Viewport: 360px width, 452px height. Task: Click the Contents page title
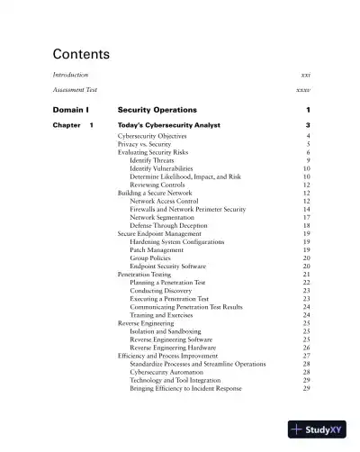click(x=81, y=53)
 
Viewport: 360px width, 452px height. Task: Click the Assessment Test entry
click(x=75, y=91)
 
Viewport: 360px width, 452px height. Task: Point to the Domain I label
click(x=70, y=109)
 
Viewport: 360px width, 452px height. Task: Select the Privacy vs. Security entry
click(x=150, y=143)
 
